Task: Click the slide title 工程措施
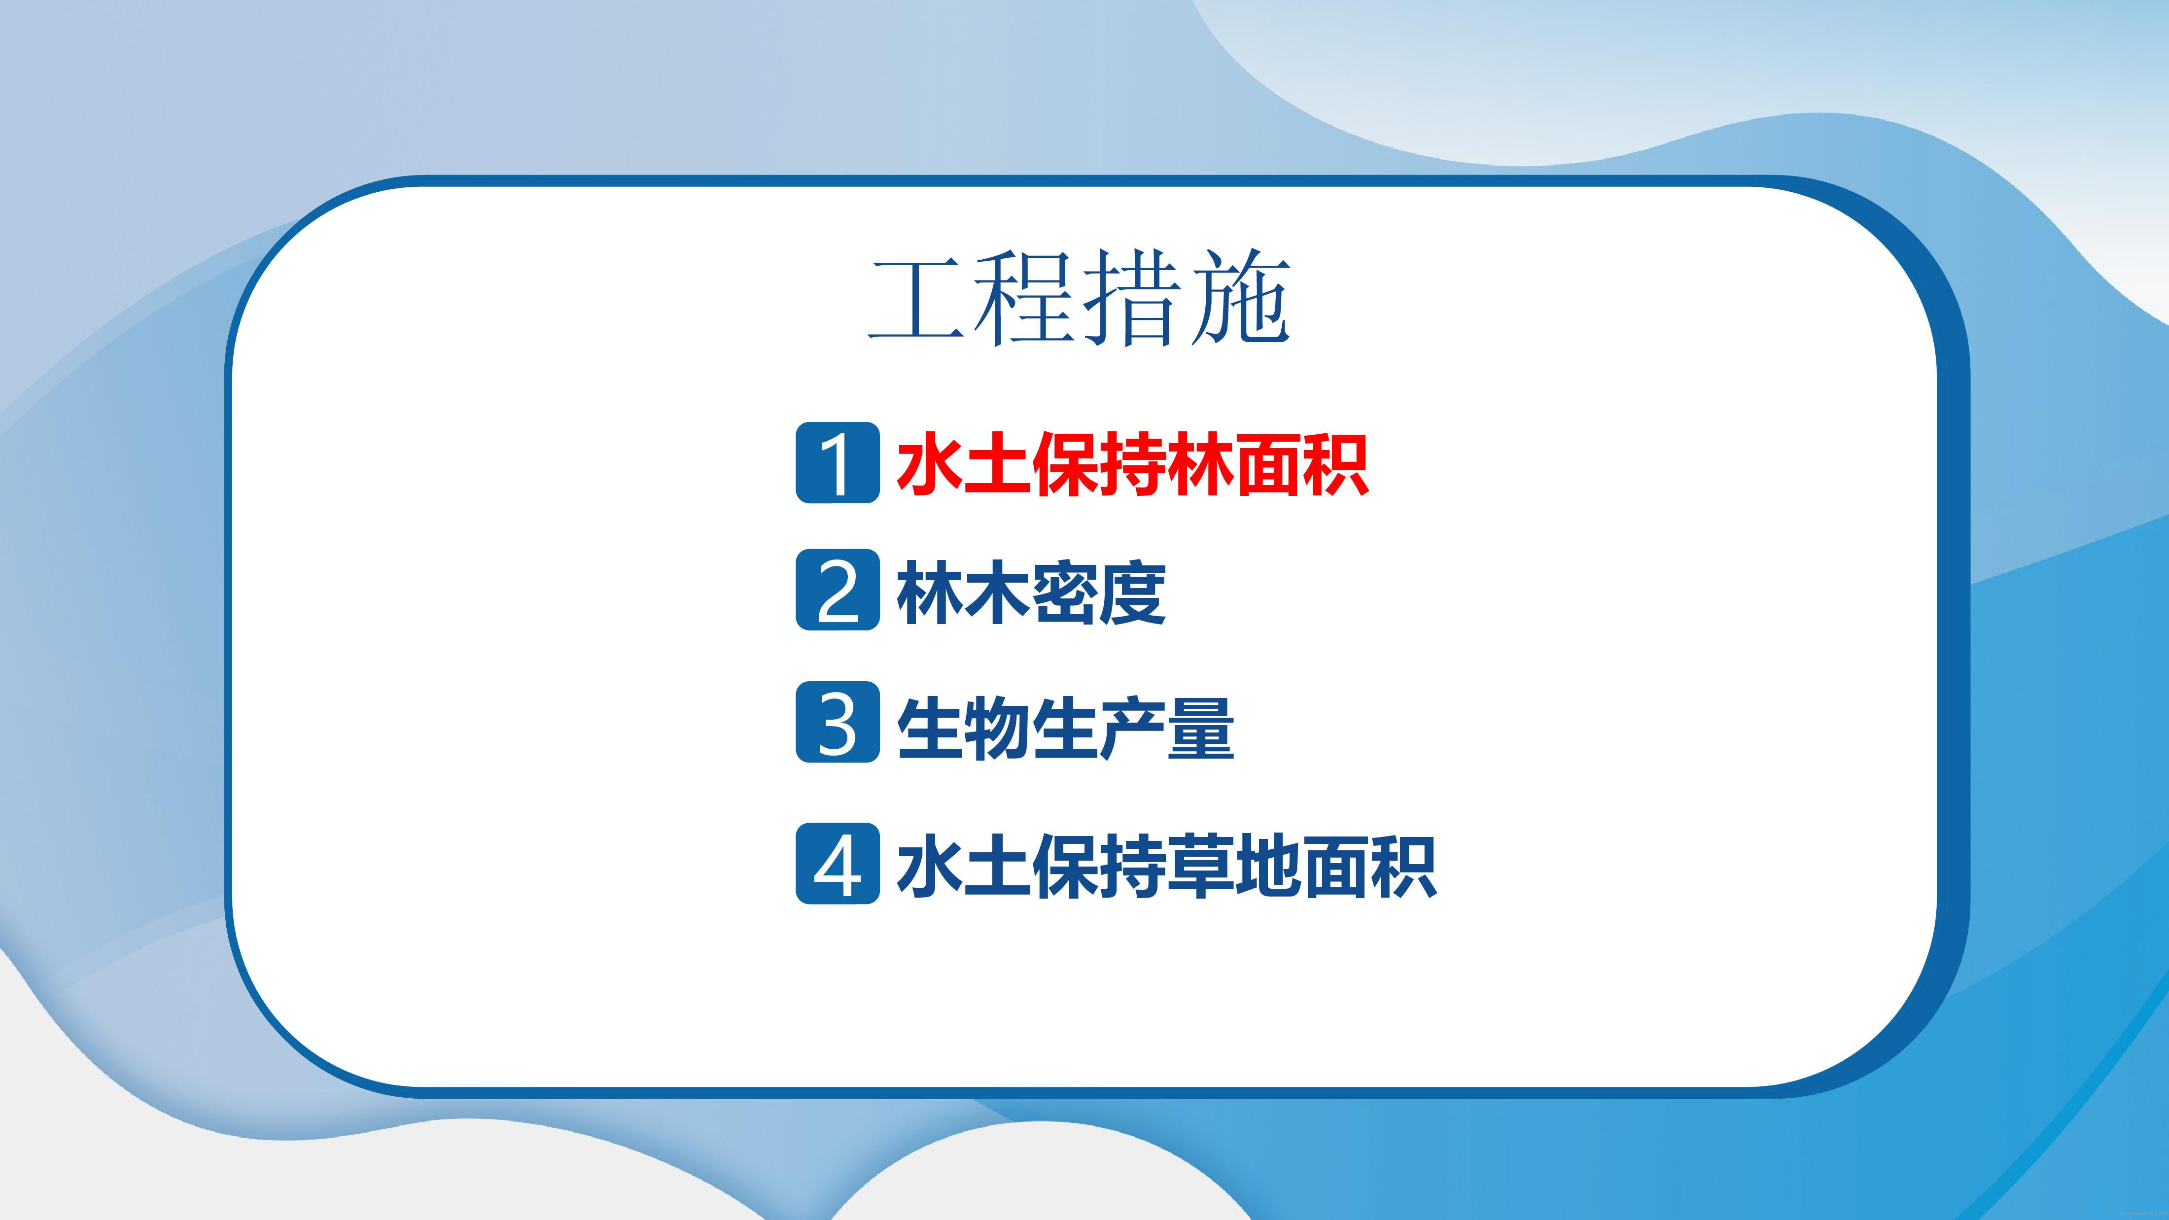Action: click(x=1080, y=298)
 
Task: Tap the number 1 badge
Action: click(x=838, y=463)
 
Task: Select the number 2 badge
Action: click(x=838, y=590)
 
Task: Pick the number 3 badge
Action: click(x=838, y=723)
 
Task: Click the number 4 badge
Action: click(x=838, y=864)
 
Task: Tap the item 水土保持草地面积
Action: click(x=1166, y=867)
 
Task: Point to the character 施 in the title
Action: click(x=1241, y=298)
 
